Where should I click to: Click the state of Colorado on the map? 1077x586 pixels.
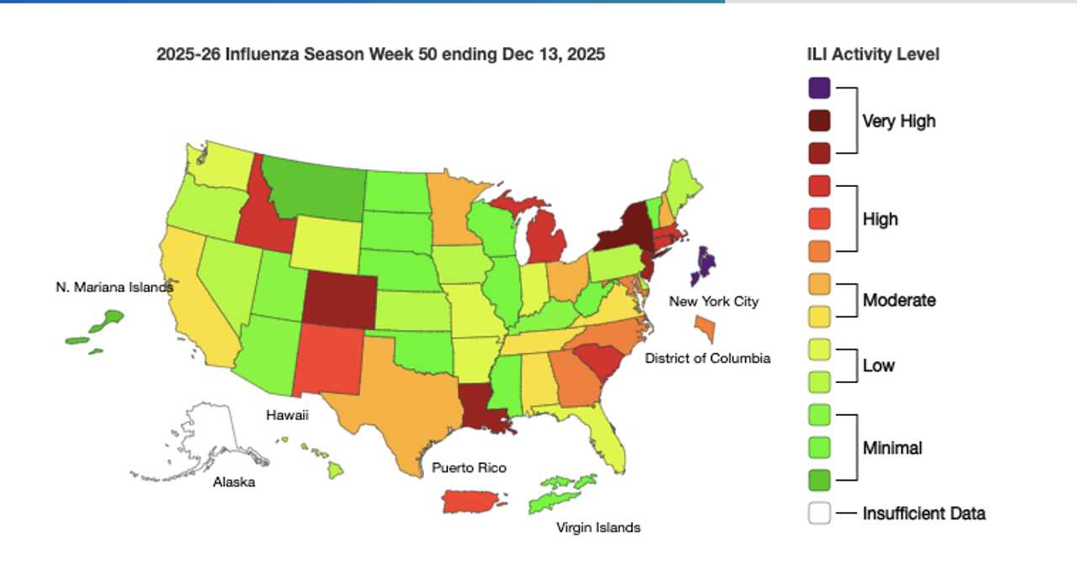tap(341, 298)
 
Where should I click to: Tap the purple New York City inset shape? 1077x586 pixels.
tap(705, 265)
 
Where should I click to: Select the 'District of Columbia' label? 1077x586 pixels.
tap(707, 358)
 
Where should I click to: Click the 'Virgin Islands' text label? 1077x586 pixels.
tap(598, 528)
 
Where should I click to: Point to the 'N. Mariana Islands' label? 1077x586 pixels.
tap(114, 287)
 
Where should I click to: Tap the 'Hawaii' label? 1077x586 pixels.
tap(288, 415)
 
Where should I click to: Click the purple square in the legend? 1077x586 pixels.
tap(819, 88)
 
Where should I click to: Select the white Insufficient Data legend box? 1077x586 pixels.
tap(819, 513)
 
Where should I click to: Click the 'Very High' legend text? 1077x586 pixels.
tap(899, 121)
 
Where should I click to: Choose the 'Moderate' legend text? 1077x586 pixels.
tap(899, 300)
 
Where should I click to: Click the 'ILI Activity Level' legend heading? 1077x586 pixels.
tap(873, 54)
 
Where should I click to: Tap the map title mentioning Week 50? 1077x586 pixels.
tap(380, 54)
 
